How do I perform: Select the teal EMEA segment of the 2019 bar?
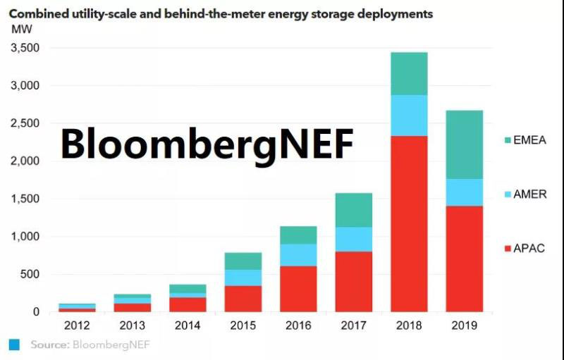click(x=464, y=144)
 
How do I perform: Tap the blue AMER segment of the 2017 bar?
click(x=353, y=240)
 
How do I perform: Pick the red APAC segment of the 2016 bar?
click(x=298, y=289)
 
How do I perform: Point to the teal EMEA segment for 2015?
click(x=243, y=261)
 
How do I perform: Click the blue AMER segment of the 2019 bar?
click(x=464, y=192)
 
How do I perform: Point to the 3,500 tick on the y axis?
click(x=24, y=48)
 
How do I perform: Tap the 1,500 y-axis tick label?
click(x=24, y=199)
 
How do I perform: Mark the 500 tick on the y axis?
click(x=30, y=274)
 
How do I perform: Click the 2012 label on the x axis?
click(x=78, y=325)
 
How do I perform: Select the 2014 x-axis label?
click(x=188, y=325)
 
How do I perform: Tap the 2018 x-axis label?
click(x=408, y=325)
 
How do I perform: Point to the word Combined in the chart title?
click(x=36, y=13)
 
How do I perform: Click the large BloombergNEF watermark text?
click(x=206, y=143)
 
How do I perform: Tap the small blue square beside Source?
click(x=14, y=345)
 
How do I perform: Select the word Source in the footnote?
click(x=49, y=345)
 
